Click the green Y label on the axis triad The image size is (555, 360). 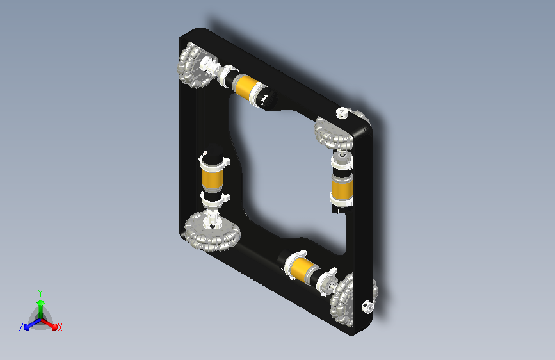tap(40, 293)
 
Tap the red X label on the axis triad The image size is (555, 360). tap(60, 327)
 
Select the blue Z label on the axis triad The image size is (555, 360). tap(21, 327)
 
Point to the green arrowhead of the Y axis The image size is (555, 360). tap(41, 302)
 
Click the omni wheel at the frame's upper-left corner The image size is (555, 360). tap(193, 65)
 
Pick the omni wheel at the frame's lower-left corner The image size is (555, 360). tap(212, 231)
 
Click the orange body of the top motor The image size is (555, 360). tap(245, 85)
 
